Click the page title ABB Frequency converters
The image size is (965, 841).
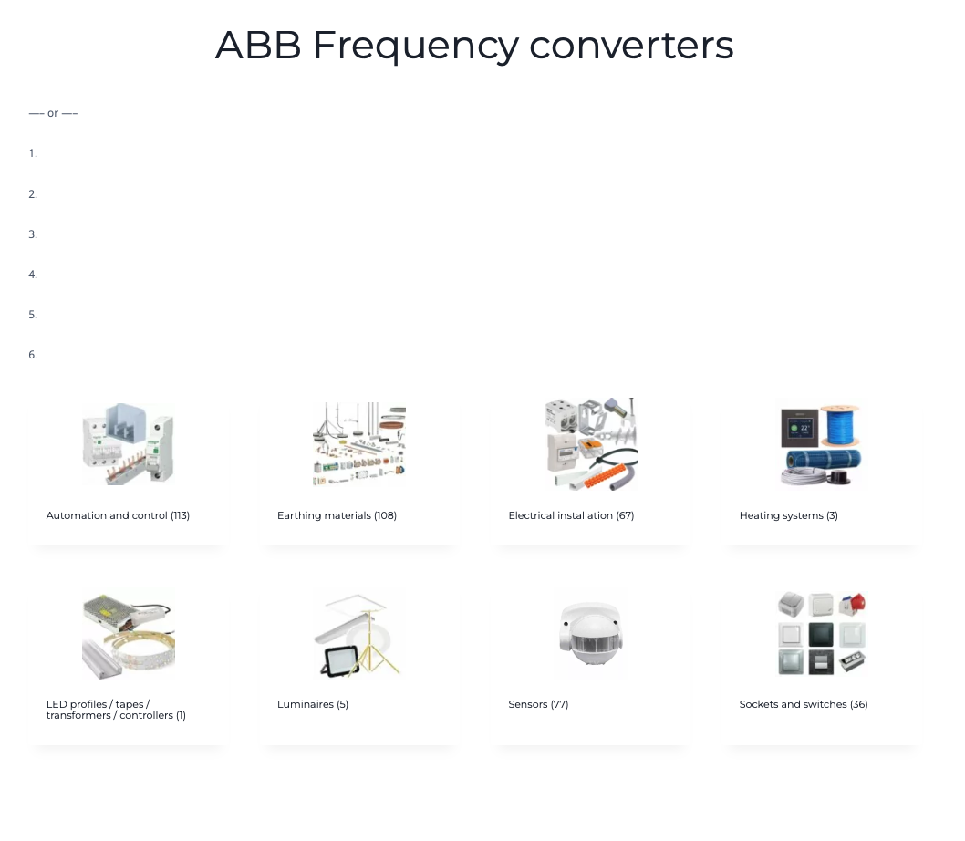(474, 46)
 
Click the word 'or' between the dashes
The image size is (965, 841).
(53, 113)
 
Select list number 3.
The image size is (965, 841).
(33, 234)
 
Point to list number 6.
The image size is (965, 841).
(33, 355)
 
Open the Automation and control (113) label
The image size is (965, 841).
(118, 515)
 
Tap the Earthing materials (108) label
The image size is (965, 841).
(337, 515)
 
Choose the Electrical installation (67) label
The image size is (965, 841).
(571, 515)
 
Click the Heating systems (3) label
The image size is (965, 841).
(788, 515)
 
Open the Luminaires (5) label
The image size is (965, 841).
(313, 704)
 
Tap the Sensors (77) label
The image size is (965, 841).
(538, 704)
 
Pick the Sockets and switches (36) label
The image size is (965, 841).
(804, 704)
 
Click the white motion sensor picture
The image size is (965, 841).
(591, 635)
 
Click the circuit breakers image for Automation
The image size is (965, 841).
(128, 444)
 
